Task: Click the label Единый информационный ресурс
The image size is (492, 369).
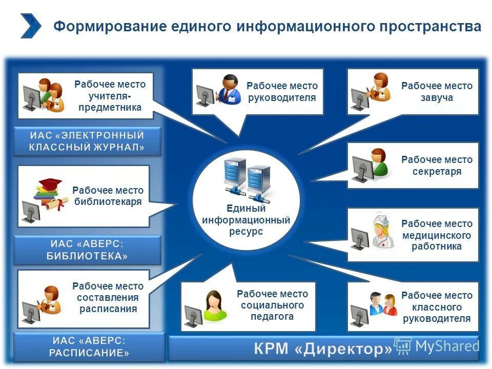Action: pos(246,220)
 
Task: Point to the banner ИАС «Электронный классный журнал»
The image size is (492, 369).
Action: pos(87,141)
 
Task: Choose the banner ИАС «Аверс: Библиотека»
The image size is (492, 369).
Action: pos(87,250)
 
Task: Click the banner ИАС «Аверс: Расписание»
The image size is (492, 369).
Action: pos(90,347)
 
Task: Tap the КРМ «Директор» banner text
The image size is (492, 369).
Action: pos(323,350)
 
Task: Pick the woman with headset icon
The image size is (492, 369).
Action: pos(214,305)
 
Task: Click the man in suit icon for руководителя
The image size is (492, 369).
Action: pos(229,89)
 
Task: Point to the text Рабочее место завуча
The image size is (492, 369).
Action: pos(437,92)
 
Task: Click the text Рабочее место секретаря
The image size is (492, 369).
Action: pos(437,166)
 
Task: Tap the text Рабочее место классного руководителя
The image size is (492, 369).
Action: pos(437,307)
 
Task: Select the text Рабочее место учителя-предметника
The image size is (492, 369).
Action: pos(110,96)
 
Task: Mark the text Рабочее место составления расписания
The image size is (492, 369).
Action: pos(108,298)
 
